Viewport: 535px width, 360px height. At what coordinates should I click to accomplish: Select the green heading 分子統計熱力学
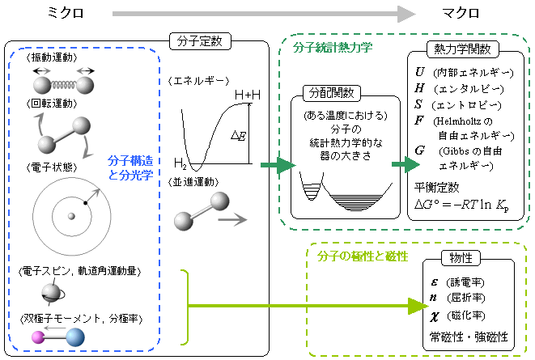(333, 47)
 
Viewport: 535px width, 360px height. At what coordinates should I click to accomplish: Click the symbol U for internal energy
(420, 71)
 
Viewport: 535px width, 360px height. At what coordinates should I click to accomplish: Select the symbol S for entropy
(419, 104)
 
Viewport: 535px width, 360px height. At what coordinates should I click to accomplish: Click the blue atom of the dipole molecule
(75, 337)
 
